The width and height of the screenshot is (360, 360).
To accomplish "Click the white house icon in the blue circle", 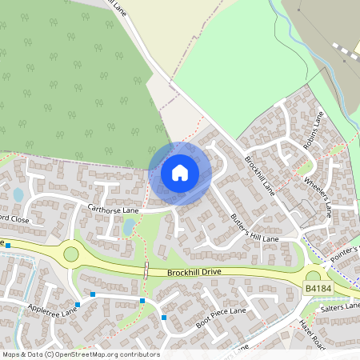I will (x=180, y=172).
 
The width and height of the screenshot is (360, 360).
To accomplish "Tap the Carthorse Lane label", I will (x=114, y=210).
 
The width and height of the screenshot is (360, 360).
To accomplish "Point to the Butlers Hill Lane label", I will (x=254, y=228).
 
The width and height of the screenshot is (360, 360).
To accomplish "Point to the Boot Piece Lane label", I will (x=221, y=314).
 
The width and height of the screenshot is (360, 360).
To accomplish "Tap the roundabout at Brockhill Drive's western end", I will (x=71, y=254).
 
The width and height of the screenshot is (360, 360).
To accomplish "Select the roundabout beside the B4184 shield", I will (x=313, y=277).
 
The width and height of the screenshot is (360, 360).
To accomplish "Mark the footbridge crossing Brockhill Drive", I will (x=146, y=269).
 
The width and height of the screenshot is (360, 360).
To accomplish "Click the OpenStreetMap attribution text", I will (x=81, y=354).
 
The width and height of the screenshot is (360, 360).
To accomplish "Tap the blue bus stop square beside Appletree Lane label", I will (x=78, y=305).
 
